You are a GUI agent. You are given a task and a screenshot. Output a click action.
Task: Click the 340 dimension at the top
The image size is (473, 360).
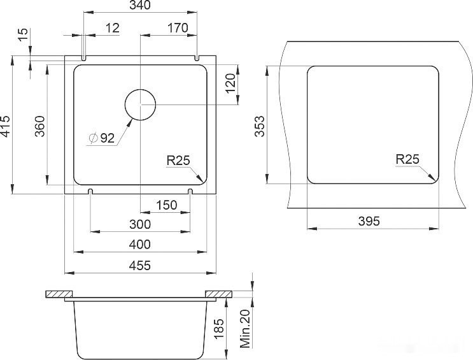pyautogui.click(x=139, y=5)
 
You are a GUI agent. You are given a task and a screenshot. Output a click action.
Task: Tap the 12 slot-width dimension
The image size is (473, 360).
pyautogui.click(x=113, y=28)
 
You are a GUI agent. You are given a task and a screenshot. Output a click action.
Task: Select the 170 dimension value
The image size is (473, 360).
pyautogui.click(x=178, y=28)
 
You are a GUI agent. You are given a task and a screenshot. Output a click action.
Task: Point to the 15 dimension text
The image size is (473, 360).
pyautogui.click(x=23, y=35)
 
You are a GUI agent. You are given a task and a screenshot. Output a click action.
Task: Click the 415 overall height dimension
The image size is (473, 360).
pyautogui.click(x=6, y=126)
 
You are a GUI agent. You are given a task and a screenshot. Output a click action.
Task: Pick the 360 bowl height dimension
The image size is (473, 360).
pyautogui.click(x=40, y=126)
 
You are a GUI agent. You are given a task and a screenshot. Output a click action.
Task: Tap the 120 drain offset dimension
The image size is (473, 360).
pyautogui.click(x=230, y=83)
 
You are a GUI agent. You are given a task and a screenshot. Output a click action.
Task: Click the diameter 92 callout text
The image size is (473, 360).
pyautogui.click(x=102, y=138)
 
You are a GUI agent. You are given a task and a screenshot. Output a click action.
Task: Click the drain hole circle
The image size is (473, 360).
pyautogui.click(x=140, y=104)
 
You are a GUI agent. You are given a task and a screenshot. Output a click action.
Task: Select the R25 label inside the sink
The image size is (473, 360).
pyautogui.click(x=178, y=161)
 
